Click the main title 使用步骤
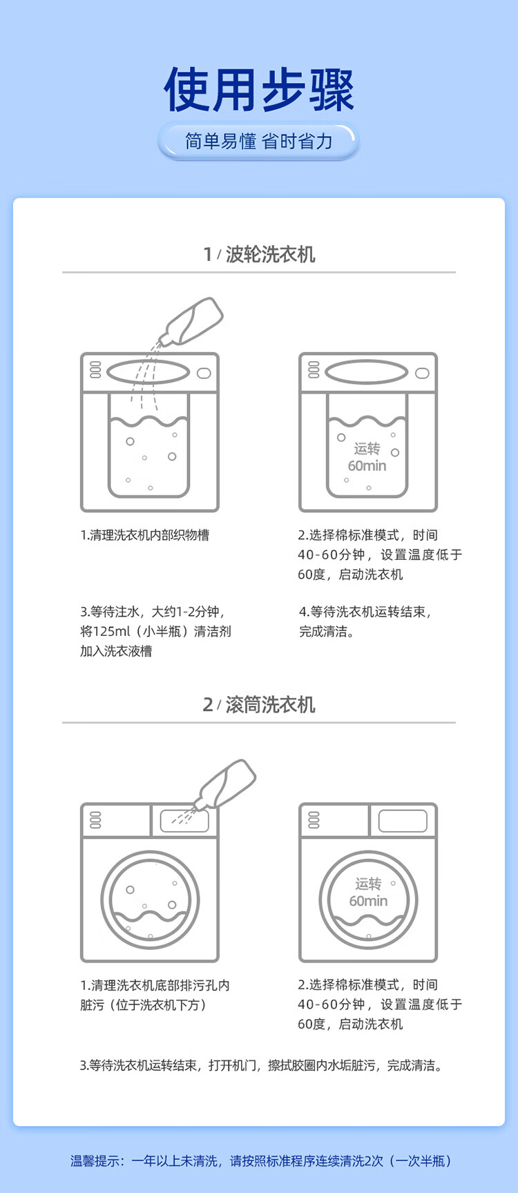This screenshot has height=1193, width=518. tap(259, 90)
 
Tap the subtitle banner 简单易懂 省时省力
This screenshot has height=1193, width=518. tap(259, 142)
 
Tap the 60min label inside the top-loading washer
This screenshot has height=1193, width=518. tap(367, 466)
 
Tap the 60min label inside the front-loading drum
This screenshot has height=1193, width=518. tap(368, 901)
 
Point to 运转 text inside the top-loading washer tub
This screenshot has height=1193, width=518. tap(367, 449)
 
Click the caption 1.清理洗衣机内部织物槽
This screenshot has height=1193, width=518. tap(145, 535)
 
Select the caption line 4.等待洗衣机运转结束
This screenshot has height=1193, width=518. tap(365, 612)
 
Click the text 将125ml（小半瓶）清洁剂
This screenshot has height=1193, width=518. tap(155, 631)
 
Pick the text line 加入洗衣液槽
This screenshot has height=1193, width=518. tap(116, 651)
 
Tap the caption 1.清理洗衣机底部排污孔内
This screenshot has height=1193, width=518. tap(155, 985)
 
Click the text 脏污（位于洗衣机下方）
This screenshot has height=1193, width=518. tap(144, 1005)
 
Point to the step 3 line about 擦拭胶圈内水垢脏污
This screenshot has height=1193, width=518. tap(261, 1065)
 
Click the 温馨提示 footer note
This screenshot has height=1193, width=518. tap(261, 1161)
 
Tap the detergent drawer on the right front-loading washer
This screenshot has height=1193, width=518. tap(403, 821)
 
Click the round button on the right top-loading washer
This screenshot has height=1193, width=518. tap(422, 374)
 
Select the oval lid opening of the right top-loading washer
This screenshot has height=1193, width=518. tap(367, 372)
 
